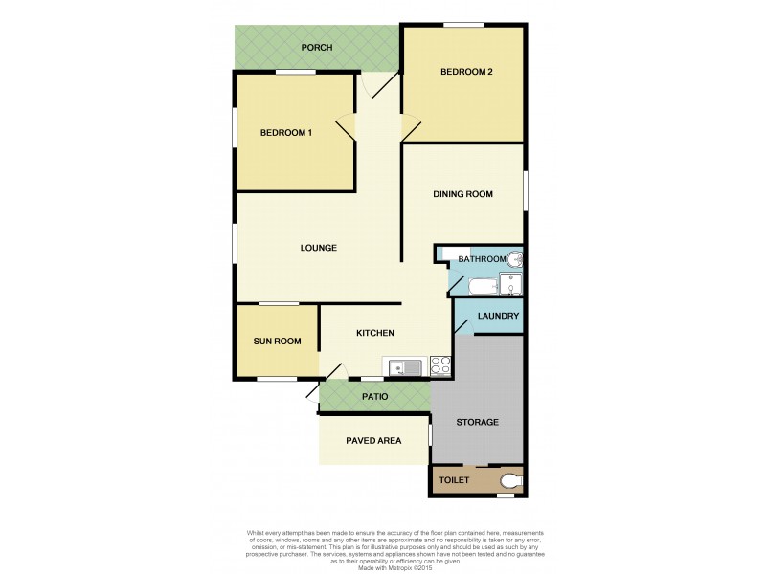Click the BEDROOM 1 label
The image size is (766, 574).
coord(286,133)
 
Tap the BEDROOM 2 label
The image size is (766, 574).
coord(466,72)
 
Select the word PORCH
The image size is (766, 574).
coord(316,47)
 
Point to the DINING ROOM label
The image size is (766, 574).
coord(462,194)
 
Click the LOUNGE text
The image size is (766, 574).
coord(318,248)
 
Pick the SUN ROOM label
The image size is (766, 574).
coord(277,341)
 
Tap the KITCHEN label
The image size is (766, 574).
coord(375,333)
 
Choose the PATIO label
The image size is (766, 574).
coord(374,395)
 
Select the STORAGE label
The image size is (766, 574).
coord(477,422)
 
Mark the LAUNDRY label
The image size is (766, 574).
coord(498,317)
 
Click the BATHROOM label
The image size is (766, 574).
coord(481,259)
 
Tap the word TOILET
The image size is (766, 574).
coord(454,480)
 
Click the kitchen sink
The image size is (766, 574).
coord(407,364)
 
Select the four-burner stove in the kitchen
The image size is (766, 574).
coord(440,364)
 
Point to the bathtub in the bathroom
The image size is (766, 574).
coord(483,285)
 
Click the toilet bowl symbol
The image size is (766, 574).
coord(511,480)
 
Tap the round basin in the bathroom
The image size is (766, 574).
coord(514,258)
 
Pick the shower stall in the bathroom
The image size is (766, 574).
coord(513,284)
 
